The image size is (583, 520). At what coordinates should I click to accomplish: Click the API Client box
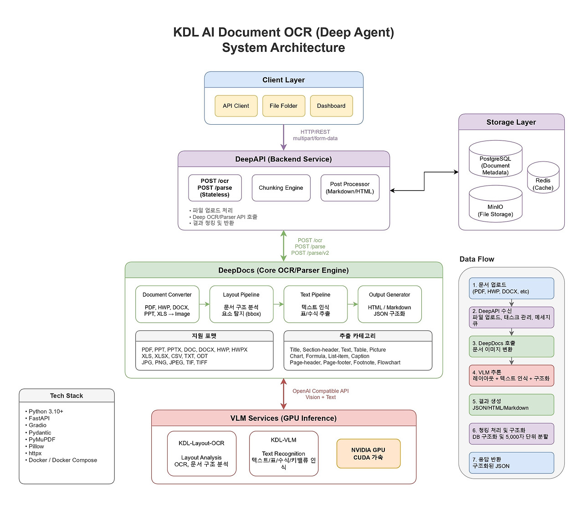(236, 106)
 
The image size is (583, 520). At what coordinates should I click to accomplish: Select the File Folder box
(283, 106)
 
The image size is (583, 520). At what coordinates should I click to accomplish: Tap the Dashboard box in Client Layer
(331, 106)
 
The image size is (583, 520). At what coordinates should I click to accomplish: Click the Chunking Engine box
(281, 188)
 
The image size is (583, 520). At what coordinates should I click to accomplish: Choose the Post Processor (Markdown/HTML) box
(350, 188)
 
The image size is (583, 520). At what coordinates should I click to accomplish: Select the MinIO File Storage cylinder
(496, 205)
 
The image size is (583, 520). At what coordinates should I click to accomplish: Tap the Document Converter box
(167, 304)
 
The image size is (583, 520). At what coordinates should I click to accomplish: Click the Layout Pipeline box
(241, 304)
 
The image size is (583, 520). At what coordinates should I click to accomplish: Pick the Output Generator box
(389, 304)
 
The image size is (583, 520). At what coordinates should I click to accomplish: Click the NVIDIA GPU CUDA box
(368, 454)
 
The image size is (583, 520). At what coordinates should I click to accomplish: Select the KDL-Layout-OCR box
(202, 454)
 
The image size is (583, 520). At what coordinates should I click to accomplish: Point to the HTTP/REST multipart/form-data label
(315, 135)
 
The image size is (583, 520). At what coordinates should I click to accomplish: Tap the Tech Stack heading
(66, 396)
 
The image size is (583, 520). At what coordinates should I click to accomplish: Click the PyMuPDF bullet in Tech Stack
(42, 439)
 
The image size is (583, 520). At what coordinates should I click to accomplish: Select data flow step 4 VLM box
(511, 375)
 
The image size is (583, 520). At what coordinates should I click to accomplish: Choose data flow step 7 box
(511, 463)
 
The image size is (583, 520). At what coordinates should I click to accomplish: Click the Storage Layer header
(511, 122)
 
